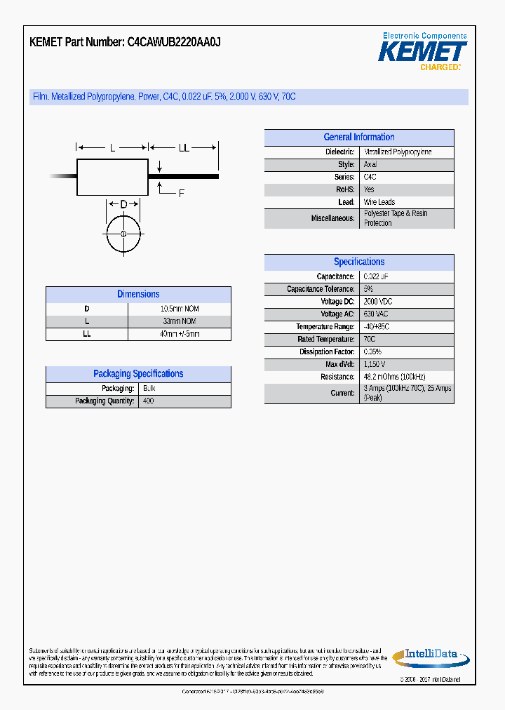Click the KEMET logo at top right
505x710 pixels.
[x=423, y=51]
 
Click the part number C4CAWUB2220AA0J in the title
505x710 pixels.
[x=174, y=42]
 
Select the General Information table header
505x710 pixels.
[x=358, y=138]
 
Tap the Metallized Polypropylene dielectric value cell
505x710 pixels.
[x=398, y=152]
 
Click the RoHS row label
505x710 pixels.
[x=345, y=189]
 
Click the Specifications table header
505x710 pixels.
[x=358, y=262]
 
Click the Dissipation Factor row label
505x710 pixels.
[x=330, y=352]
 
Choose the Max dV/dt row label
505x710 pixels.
[x=340, y=365]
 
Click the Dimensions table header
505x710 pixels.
[x=138, y=295]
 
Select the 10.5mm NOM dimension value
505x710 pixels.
[x=180, y=309]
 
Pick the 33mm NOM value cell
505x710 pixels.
[x=180, y=321]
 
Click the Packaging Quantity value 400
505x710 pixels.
[x=148, y=401]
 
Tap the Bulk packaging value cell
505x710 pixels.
[x=149, y=389]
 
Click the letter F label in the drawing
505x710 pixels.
[x=181, y=194]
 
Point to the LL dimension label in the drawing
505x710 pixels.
[x=184, y=148]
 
